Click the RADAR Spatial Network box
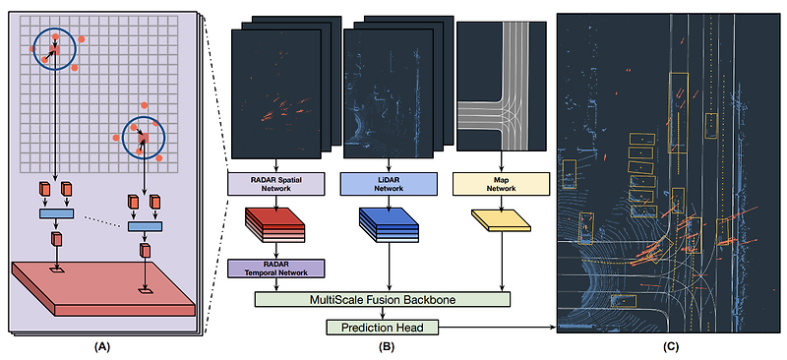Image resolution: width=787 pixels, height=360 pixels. click(270, 183)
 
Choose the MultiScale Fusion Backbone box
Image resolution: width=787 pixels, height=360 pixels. click(383, 298)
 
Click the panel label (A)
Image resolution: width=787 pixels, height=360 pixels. click(102, 347)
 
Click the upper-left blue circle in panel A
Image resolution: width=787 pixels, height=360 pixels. click(53, 48)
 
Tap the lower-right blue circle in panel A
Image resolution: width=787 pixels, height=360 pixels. click(144, 142)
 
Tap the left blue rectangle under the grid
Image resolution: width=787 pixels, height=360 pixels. click(57, 213)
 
